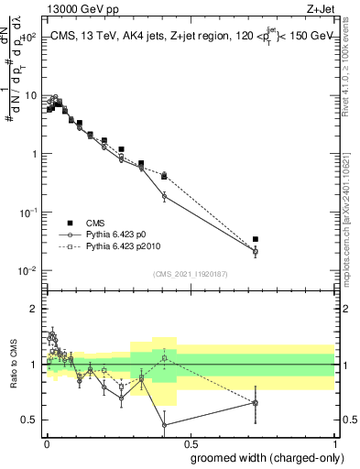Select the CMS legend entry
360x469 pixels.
[99, 223]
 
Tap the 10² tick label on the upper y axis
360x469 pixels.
[27, 37]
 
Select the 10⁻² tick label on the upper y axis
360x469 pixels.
[27, 270]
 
